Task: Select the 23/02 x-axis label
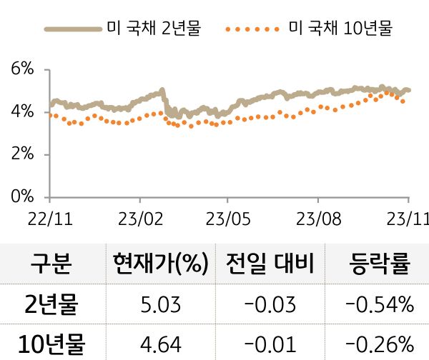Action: [139, 217]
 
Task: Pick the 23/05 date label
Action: [227, 217]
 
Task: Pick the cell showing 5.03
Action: [159, 305]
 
